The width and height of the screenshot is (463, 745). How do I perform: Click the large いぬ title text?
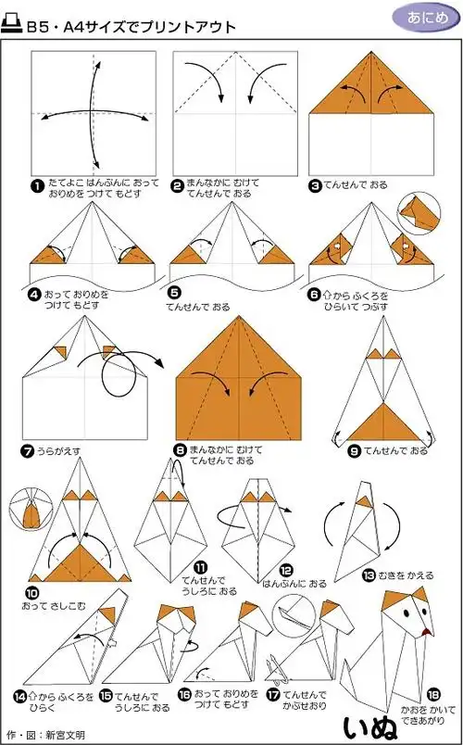pyautogui.click(x=375, y=724)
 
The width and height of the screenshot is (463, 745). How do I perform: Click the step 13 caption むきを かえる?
pyautogui.click(x=405, y=575)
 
